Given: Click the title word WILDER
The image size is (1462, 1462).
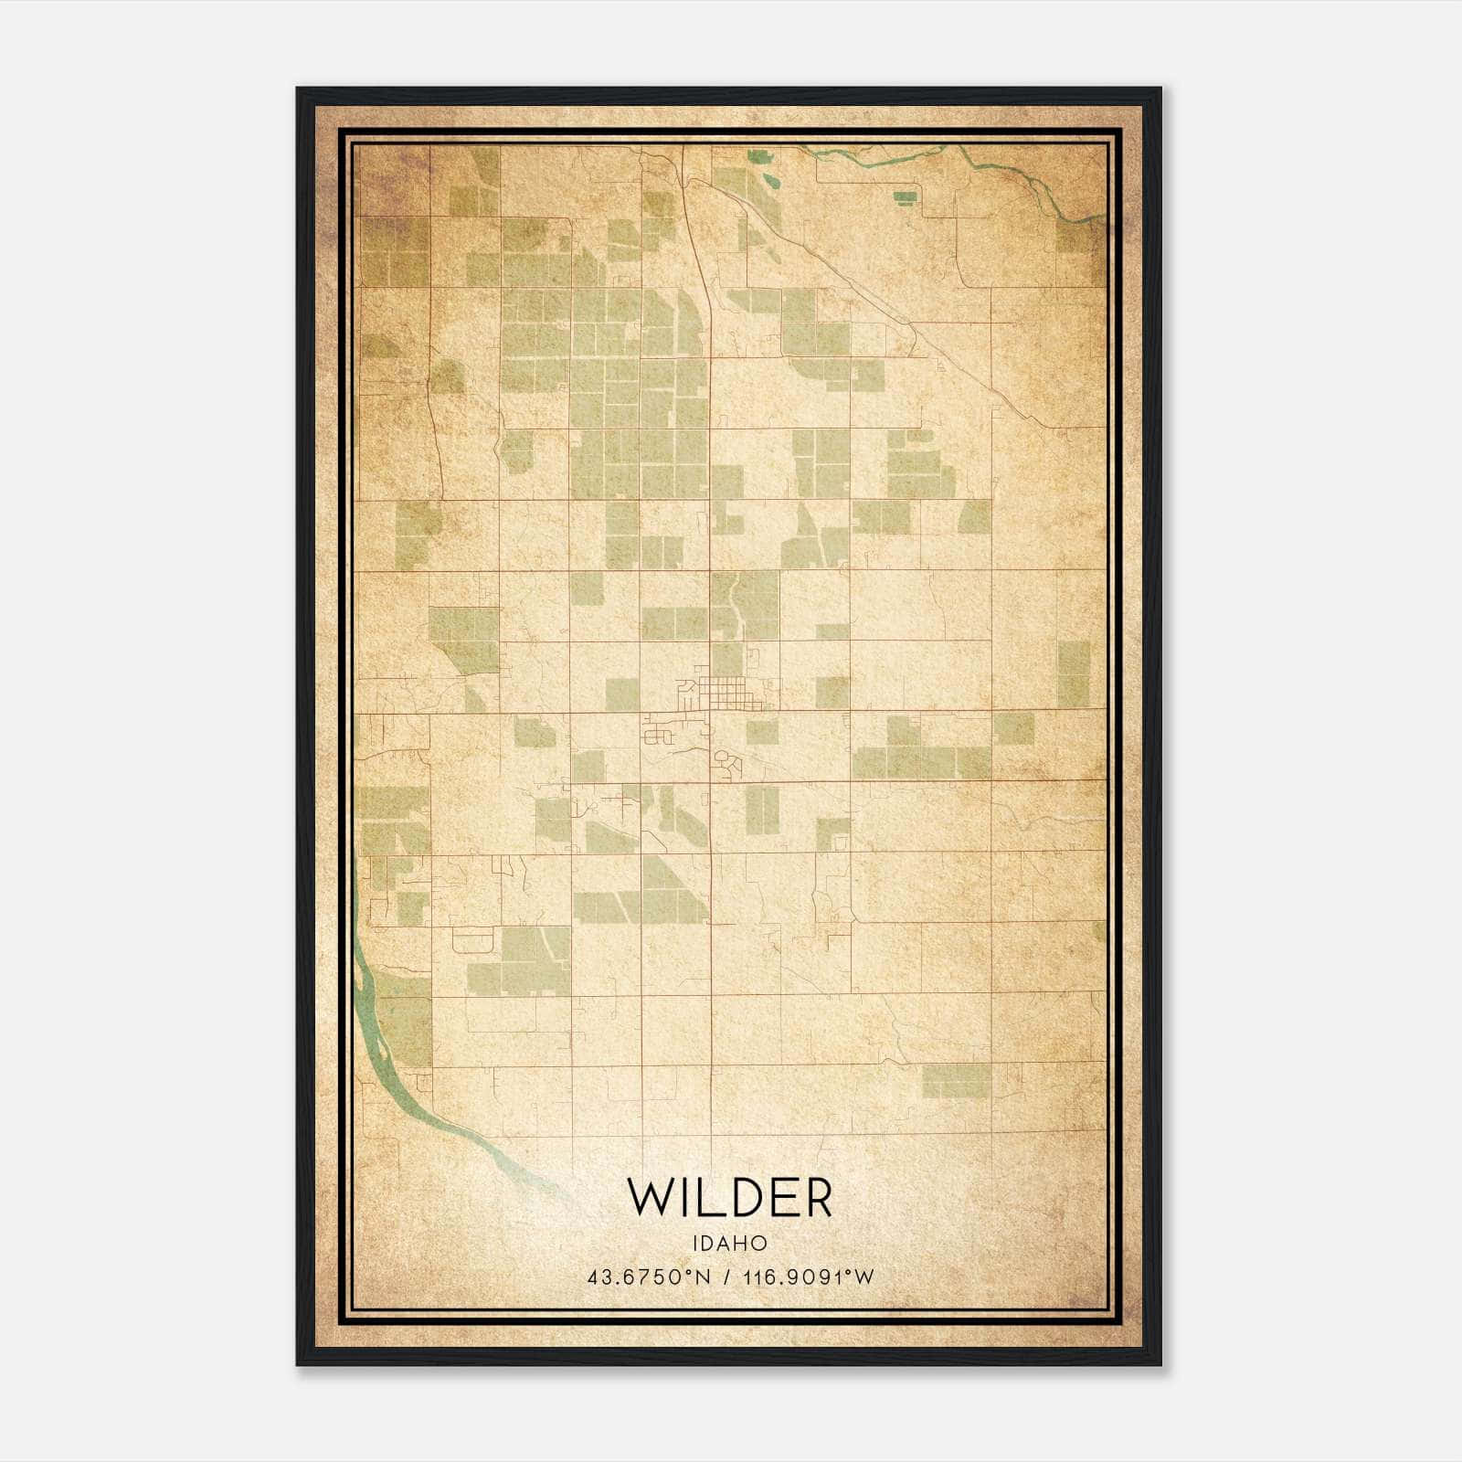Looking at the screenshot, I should [x=730, y=1198].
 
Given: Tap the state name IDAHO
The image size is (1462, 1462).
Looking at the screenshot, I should [x=729, y=1244].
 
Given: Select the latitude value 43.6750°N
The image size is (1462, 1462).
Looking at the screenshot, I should [x=649, y=1277].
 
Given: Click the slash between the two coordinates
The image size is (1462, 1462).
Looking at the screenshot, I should [x=727, y=1277].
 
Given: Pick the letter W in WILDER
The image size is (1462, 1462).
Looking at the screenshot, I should [x=651, y=1198].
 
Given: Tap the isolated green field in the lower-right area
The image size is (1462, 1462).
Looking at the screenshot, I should [x=956, y=1080].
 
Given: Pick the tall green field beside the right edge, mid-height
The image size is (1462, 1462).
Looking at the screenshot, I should [x=1074, y=673].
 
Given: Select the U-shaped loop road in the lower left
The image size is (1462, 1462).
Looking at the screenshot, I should [x=472, y=939].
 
